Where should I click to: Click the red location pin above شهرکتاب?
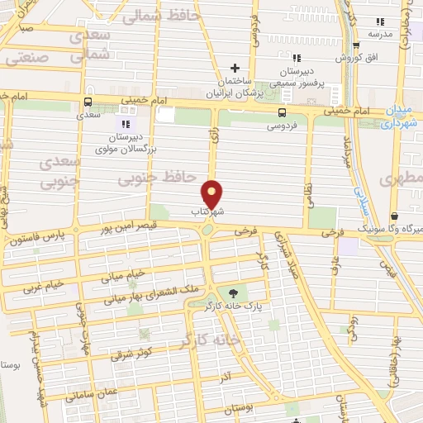pos(212,193)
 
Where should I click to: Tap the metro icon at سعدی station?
pos(88,102)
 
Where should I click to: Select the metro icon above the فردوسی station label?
pos(283,112)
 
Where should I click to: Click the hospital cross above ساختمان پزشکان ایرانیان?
pos(235,68)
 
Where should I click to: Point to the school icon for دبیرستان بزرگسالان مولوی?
pos(126,123)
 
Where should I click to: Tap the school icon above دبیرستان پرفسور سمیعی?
pos(296,57)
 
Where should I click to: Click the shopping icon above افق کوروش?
pos(356,45)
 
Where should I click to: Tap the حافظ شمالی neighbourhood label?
pos(156,15)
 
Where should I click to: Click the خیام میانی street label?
pos(124,273)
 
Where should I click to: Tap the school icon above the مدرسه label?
pos(380,21)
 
